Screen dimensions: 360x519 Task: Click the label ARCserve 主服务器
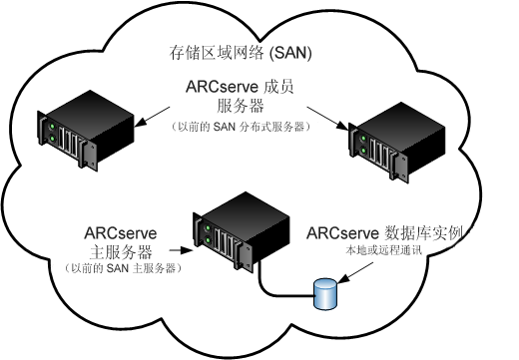click(121, 243)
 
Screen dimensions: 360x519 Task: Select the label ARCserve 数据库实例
click(388, 233)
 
